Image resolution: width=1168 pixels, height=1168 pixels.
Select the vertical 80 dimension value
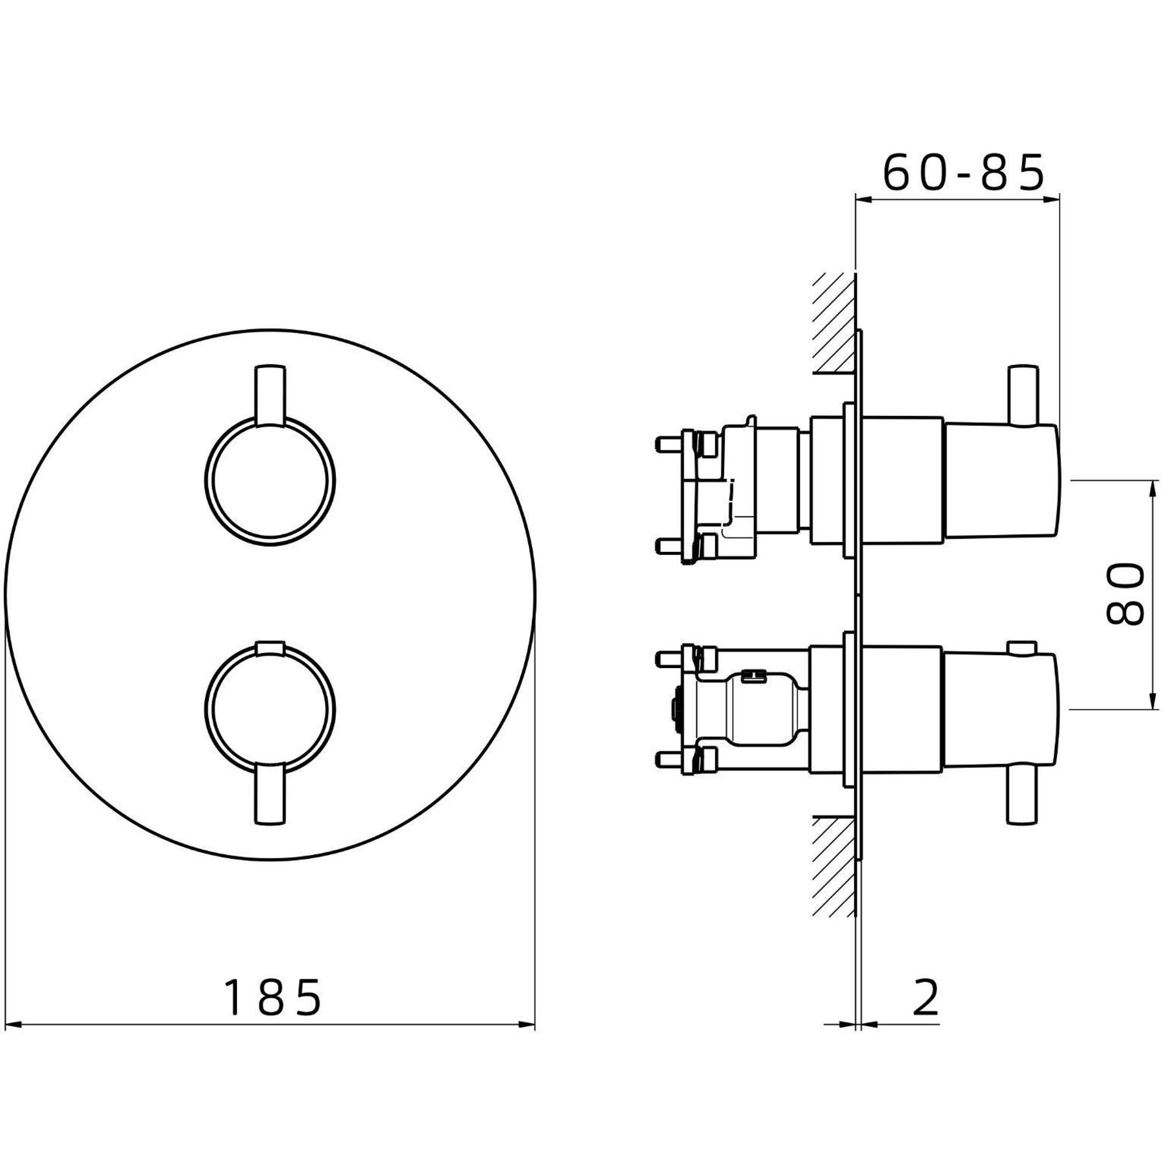pyautogui.click(x=1125, y=594)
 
